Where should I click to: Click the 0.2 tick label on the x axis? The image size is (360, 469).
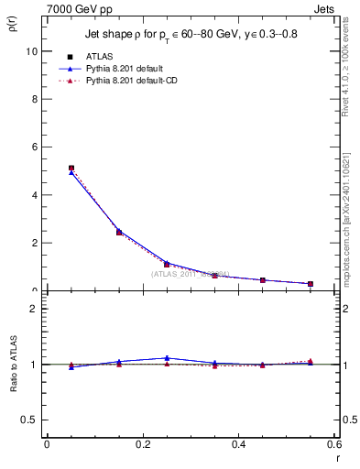tap(142, 444)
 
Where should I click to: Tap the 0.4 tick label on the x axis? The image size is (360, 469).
tap(238, 444)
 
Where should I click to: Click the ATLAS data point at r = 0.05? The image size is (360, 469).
tap(71, 169)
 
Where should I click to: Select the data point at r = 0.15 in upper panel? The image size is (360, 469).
tap(119, 233)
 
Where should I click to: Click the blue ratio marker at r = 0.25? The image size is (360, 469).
tap(167, 358)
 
